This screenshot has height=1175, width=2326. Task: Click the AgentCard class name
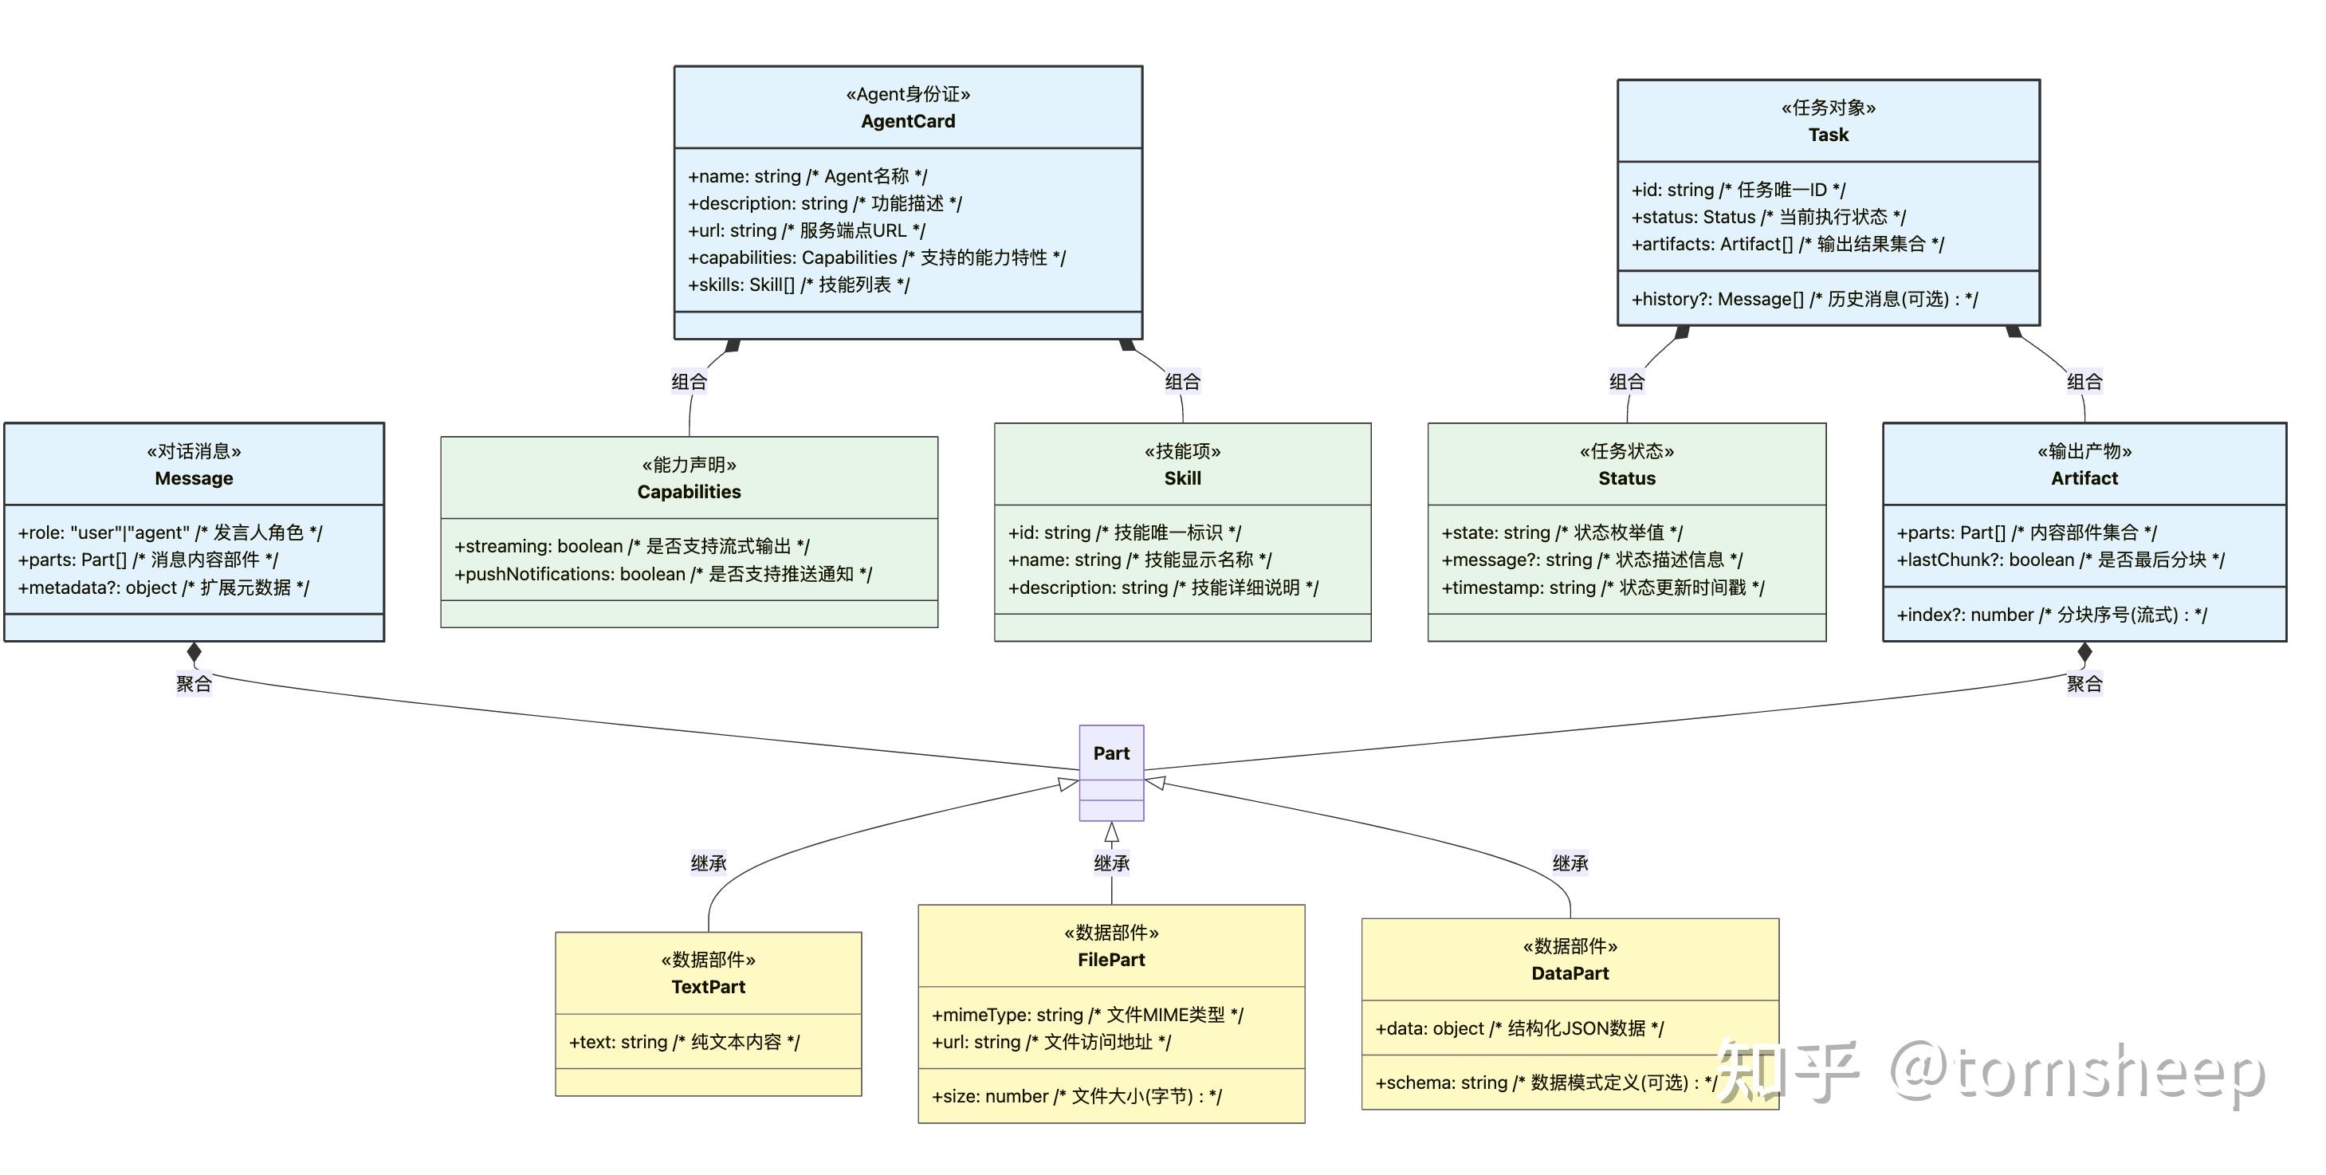pyautogui.click(x=907, y=121)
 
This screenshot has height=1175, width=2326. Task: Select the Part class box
pyautogui.click(x=1110, y=772)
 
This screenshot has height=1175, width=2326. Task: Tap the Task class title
pyautogui.click(x=1828, y=135)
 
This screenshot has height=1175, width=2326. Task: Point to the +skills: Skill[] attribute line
pyautogui.click(x=798, y=285)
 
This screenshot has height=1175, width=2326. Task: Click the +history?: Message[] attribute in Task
pyautogui.click(x=1804, y=299)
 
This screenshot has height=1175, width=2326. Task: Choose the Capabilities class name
pyautogui.click(x=689, y=491)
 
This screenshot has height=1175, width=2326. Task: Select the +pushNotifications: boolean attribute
pyautogui.click(x=662, y=573)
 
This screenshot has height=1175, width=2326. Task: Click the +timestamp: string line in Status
pyautogui.click(x=1603, y=587)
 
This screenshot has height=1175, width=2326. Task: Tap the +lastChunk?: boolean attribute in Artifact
pyautogui.click(x=2061, y=560)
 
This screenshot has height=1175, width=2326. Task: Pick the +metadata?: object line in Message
pyautogui.click(x=163, y=587)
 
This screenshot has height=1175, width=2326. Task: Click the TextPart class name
pyautogui.click(x=708, y=986)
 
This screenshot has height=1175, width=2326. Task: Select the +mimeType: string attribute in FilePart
pyautogui.click(x=1087, y=1014)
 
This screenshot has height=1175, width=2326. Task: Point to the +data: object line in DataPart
pyautogui.click(x=1519, y=1028)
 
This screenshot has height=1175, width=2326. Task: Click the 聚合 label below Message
pyautogui.click(x=193, y=684)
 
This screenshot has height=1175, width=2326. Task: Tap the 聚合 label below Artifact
pyautogui.click(x=2084, y=684)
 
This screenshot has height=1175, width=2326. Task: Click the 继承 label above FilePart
pyautogui.click(x=1110, y=863)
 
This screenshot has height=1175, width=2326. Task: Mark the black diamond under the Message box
pyautogui.click(x=194, y=652)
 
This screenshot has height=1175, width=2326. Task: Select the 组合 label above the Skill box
pyautogui.click(x=1182, y=381)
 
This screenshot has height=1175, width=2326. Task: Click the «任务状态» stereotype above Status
pyautogui.click(x=1626, y=450)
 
